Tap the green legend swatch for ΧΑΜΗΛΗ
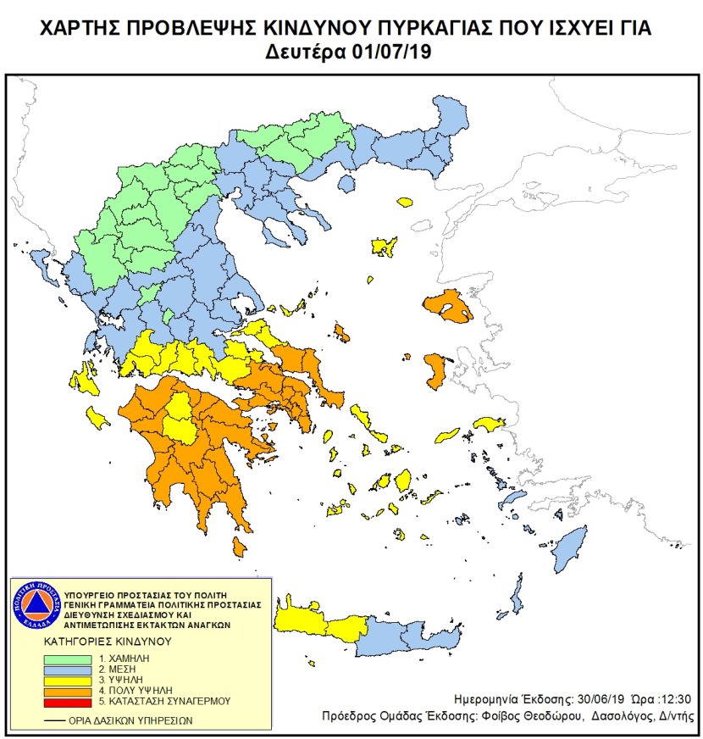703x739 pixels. point(71,658)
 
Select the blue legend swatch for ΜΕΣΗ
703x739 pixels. point(71,670)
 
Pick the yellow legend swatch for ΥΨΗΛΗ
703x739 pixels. point(71,681)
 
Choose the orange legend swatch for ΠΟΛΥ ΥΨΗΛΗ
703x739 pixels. point(71,691)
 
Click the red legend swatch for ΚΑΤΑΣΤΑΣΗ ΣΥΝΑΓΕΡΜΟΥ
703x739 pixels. point(71,702)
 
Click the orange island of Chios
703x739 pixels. point(436,371)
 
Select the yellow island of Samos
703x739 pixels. point(489,423)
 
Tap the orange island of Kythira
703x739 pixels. point(240,550)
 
